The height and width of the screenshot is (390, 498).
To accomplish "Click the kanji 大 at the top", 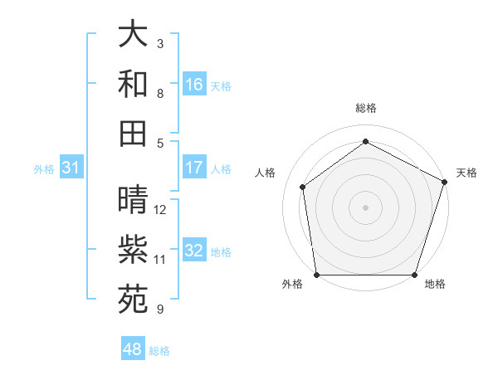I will tap(133, 35).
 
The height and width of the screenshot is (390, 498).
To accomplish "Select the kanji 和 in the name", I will tap(133, 84).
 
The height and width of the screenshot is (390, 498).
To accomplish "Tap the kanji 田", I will tap(133, 133).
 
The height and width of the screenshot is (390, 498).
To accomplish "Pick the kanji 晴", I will tap(133, 200).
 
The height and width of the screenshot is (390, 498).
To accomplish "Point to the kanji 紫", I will tap(133, 250).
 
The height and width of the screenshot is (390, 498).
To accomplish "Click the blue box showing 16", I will tap(194, 85).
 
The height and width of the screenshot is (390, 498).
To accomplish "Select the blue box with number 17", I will tap(194, 168).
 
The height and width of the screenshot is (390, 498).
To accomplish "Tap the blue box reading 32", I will tap(194, 251).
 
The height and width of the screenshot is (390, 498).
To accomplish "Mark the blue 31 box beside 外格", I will tap(71, 168).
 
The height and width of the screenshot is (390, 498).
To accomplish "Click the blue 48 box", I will tap(133, 349).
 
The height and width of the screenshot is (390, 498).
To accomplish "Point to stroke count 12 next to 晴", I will tap(160, 210).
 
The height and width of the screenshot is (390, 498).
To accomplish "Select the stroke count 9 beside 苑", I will tap(160, 310).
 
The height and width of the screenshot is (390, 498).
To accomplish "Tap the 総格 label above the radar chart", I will tap(366, 108).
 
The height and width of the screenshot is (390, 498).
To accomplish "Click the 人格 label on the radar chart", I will tap(266, 173).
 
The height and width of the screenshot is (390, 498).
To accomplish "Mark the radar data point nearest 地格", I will tap(414, 275).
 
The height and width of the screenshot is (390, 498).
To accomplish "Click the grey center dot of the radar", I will tap(366, 207).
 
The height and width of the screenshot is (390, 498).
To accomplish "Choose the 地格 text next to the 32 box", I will tap(221, 251).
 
